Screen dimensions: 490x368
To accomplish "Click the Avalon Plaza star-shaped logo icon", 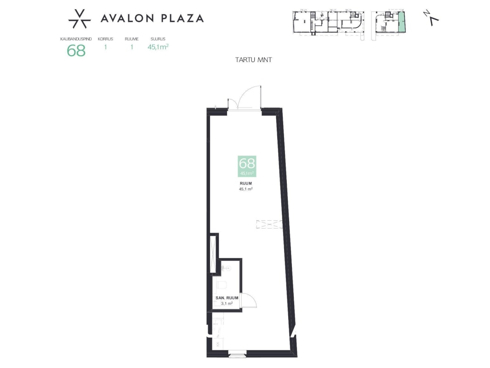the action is pyautogui.click(x=80, y=19).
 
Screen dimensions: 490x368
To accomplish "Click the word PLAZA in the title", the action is pyautogui.click(x=182, y=18).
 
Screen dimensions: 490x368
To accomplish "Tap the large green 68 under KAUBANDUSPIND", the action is pyautogui.click(x=76, y=50).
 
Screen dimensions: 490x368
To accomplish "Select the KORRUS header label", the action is pyautogui.click(x=105, y=39).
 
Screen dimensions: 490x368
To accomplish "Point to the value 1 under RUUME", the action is pyautogui.click(x=132, y=47).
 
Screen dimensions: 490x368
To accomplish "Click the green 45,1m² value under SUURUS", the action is pyautogui.click(x=158, y=47).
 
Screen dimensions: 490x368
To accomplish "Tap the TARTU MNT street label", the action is pyautogui.click(x=253, y=60).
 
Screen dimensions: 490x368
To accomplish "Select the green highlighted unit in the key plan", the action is pyautogui.click(x=402, y=22).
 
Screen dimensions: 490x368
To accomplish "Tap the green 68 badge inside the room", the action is pyautogui.click(x=247, y=166).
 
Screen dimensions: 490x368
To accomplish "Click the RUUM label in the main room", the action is pyautogui.click(x=245, y=184).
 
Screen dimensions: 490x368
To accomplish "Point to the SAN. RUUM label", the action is pyautogui.click(x=227, y=298).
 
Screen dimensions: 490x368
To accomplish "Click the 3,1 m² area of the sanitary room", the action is pyautogui.click(x=227, y=303).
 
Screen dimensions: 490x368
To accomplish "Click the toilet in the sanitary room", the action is pyautogui.click(x=222, y=286).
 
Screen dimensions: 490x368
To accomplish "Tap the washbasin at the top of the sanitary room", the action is pyautogui.click(x=226, y=268).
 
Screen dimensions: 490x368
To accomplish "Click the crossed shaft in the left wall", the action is pyautogui.click(x=214, y=253).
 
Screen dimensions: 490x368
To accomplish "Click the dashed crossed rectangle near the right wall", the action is pyautogui.click(x=269, y=224).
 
